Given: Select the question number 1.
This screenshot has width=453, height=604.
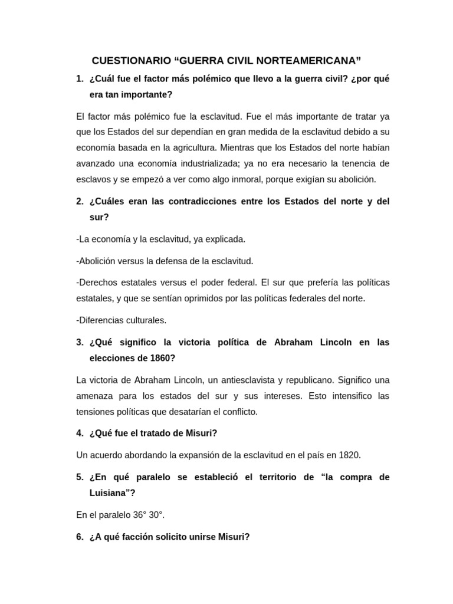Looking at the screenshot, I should pos(79,78).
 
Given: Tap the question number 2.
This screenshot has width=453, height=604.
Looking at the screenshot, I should pos(79,201).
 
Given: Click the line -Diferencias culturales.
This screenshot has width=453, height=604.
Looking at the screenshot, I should pos(122,320).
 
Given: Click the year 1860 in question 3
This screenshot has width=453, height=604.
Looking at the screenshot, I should pos(161,358).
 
